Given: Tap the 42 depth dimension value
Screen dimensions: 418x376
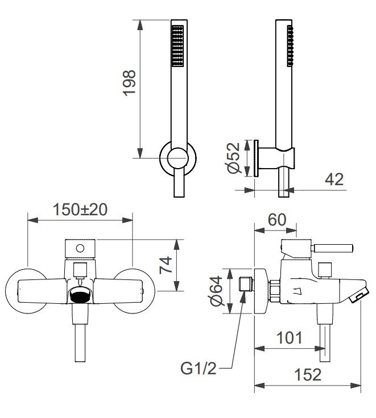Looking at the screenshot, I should coord(334,179).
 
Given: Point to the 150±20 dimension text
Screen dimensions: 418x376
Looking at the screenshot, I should coord(80,209).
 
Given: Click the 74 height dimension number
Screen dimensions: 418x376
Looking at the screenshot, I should coord(166,265).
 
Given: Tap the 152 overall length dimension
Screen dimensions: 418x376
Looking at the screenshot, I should coord(308,375).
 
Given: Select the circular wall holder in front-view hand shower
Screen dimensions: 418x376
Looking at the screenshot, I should coord(177,157).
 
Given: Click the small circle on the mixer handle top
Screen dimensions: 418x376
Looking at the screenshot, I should coord(80,248).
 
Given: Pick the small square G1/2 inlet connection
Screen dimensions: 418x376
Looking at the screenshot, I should coord(246,283).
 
